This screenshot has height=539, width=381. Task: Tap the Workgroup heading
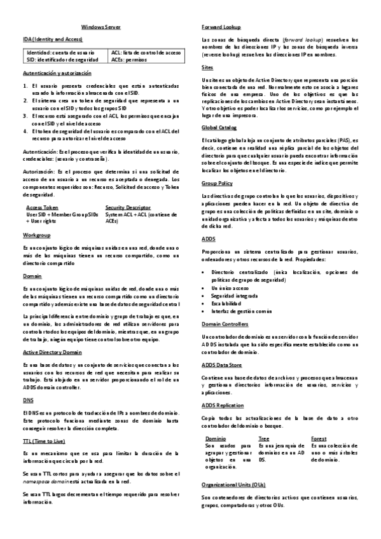pyautogui.click(x=36, y=235)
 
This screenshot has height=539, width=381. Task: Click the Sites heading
pyautogui.click(x=207, y=67)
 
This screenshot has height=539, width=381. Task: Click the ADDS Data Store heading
pyautogui.click(x=222, y=364)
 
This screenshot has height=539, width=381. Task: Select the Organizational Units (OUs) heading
pyautogui.click(x=233, y=484)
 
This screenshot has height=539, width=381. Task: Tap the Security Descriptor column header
pyautogui.click(x=128, y=207)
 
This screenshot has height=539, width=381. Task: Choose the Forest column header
pyautogui.click(x=319, y=439)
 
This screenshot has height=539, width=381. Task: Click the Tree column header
pyautogui.click(x=264, y=439)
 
